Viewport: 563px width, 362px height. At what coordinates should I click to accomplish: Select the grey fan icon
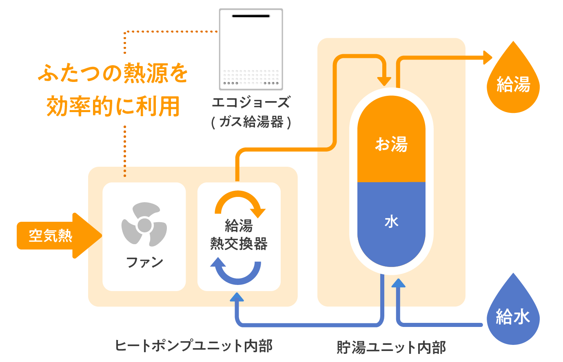(x=144, y=225)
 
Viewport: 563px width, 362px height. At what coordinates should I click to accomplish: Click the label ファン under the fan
(x=144, y=262)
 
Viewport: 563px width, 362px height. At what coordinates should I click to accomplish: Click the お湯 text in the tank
(x=391, y=144)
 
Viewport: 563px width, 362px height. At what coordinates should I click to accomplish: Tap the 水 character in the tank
(x=391, y=222)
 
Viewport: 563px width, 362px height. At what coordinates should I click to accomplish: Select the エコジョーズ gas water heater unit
(x=251, y=49)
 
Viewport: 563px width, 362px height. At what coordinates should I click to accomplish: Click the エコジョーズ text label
(x=251, y=102)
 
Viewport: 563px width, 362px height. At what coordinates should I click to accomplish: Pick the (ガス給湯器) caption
(x=251, y=122)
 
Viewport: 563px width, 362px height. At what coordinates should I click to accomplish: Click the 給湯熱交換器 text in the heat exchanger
(x=239, y=235)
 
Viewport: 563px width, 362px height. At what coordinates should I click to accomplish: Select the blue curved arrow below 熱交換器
(x=237, y=271)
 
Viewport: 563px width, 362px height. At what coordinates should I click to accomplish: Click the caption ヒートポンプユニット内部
(x=194, y=346)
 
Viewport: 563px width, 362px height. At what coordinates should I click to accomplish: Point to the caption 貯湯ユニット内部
(x=391, y=347)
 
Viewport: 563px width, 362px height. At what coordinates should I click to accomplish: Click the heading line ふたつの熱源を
(x=113, y=73)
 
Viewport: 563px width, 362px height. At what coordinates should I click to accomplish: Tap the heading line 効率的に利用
(x=113, y=106)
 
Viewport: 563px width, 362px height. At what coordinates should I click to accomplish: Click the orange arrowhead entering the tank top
(x=384, y=81)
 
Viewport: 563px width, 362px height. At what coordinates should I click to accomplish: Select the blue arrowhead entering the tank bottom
(x=398, y=283)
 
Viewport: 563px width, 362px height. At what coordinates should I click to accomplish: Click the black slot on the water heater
(x=251, y=16)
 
